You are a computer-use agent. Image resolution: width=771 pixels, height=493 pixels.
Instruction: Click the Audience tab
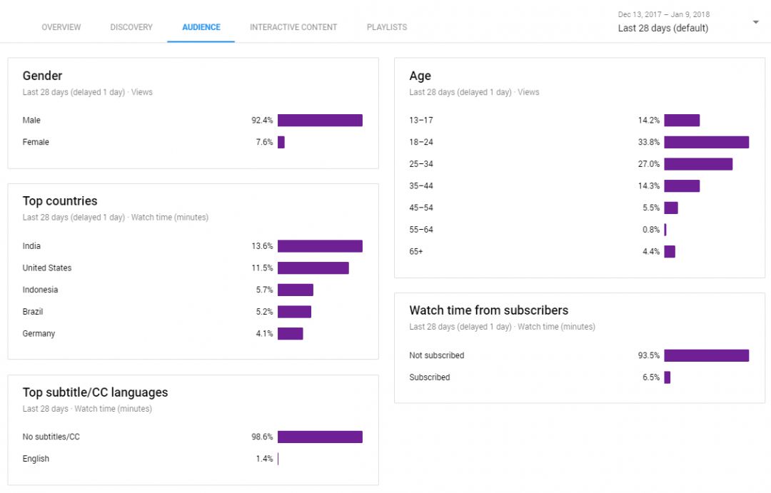201,27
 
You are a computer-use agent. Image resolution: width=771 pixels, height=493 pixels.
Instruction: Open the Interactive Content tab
293,27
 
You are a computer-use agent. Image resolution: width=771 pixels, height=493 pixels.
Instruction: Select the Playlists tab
387,27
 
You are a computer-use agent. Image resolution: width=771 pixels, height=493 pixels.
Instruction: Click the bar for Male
320,121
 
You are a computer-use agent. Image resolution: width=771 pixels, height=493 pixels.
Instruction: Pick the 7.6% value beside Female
264,142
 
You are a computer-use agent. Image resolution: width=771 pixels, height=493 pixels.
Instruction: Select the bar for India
320,246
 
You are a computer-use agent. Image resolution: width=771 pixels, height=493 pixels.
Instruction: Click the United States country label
47,268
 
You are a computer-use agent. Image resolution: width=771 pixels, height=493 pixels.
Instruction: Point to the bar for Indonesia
296,290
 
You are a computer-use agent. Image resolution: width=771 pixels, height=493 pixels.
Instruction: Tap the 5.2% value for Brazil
264,312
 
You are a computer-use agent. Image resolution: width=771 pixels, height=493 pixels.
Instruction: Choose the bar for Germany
290,333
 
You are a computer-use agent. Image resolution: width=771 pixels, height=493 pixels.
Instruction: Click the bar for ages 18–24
706,142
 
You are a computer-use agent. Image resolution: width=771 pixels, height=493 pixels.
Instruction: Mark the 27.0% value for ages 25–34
649,164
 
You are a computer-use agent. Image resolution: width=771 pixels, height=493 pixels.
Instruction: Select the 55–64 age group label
421,230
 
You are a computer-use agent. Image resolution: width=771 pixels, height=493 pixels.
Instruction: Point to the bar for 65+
670,251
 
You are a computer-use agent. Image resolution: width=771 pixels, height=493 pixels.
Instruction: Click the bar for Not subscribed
706,355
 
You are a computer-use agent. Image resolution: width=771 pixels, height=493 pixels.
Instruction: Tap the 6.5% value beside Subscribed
651,377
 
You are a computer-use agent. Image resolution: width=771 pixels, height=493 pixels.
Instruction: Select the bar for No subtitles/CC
320,437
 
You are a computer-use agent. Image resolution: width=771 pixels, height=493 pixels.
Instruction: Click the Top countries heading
60,201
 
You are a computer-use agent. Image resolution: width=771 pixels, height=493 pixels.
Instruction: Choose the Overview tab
61,27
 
